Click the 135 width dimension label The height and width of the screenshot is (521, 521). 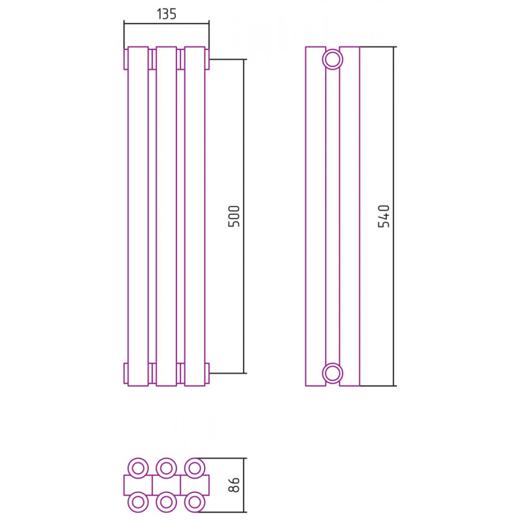[x=166, y=14]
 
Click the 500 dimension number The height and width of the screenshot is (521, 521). [x=234, y=216]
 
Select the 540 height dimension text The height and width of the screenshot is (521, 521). [x=384, y=216]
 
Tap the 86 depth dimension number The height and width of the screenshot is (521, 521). [x=234, y=485]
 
